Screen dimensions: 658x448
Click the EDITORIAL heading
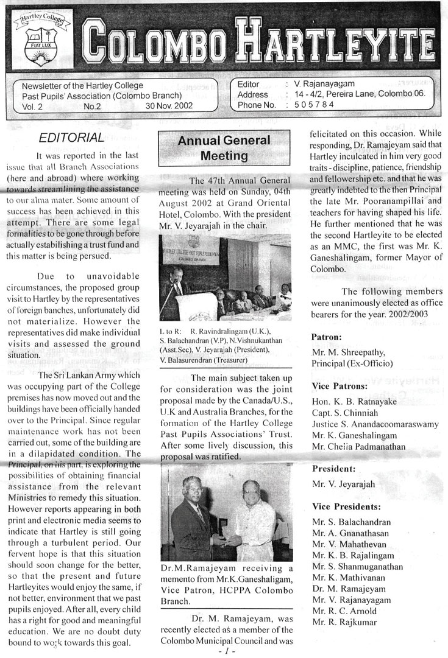point(71,137)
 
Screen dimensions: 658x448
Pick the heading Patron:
point(327,336)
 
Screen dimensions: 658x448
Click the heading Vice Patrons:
point(340,386)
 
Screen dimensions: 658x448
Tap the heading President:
point(333,469)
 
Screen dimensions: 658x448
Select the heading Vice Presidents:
point(346,506)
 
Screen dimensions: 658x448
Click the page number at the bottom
point(225,651)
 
